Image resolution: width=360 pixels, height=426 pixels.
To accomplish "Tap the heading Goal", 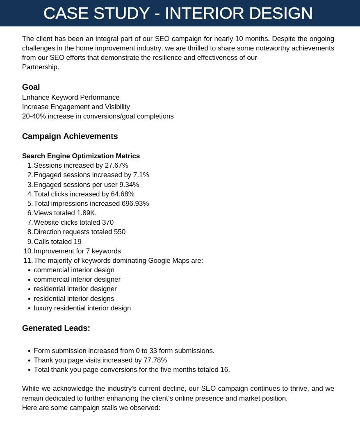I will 31,87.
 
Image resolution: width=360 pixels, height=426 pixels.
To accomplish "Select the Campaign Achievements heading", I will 70,136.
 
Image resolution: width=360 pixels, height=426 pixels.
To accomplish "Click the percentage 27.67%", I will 116,165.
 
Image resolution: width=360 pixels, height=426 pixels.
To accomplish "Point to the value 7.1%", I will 141,175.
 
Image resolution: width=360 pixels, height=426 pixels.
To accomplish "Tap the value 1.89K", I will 87,213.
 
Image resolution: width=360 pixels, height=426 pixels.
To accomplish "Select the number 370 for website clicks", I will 108,222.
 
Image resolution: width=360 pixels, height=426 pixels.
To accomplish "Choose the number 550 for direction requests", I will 120,232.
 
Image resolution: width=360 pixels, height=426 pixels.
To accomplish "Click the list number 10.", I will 28,251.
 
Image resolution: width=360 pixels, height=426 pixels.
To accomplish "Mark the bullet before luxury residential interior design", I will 29,308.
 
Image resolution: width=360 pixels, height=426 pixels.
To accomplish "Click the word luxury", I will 43,308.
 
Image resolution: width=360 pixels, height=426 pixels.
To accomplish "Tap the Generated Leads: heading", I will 56,328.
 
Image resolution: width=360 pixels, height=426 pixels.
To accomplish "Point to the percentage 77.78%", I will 155,360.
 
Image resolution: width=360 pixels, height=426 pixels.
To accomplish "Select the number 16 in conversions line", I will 225,369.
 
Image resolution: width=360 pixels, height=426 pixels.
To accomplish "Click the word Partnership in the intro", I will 40,67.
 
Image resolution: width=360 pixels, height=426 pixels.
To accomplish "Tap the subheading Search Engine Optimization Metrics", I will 81,156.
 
